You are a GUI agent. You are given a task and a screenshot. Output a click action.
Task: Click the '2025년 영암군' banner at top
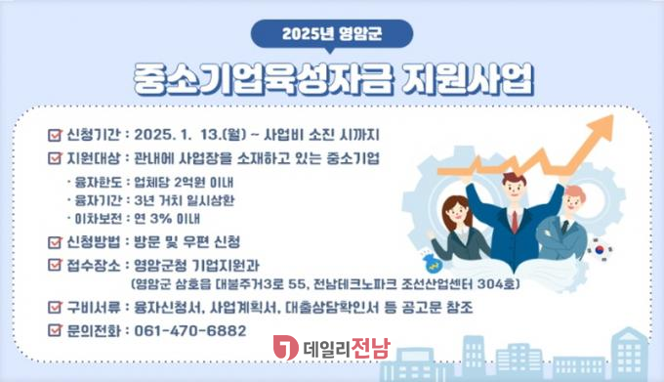click(332, 34)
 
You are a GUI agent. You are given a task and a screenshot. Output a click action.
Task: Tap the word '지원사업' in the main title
click(467, 79)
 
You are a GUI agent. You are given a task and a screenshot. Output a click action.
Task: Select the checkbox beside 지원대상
click(55, 157)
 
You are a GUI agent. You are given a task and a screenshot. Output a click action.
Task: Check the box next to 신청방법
click(55, 241)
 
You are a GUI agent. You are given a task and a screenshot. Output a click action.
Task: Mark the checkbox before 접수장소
click(55, 264)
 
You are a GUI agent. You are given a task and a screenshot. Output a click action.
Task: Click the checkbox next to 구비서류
click(55, 306)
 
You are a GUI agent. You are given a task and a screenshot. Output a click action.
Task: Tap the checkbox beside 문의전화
click(55, 329)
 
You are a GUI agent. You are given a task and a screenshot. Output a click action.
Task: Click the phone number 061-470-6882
click(190, 330)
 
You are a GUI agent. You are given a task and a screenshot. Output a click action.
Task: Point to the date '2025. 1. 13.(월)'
click(190, 135)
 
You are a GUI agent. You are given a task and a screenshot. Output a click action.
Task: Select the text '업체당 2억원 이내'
click(184, 182)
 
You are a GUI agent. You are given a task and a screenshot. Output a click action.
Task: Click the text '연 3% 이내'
click(167, 219)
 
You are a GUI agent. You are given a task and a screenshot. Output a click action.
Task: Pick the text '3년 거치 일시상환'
click(185, 200)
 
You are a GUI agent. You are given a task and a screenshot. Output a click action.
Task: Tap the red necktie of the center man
click(515, 221)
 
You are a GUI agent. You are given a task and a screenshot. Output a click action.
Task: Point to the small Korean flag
click(600, 249)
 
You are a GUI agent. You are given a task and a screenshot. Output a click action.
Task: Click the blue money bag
click(434, 263)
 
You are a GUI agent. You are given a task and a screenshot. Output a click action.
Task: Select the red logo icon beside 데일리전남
click(285, 347)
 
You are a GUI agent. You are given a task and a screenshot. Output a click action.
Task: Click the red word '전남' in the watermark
click(370, 348)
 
